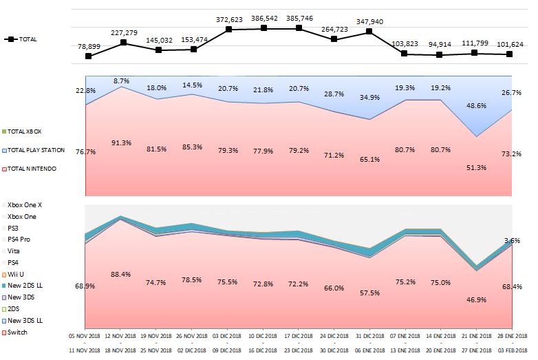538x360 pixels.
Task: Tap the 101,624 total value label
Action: point(510,44)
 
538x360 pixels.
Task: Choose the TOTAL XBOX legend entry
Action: point(28,131)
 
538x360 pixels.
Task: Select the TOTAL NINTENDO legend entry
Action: point(32,169)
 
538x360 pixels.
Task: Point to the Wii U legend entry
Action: point(17,274)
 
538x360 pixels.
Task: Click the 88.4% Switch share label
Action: point(121,275)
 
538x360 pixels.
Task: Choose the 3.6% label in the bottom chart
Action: point(511,241)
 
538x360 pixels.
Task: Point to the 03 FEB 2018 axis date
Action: point(510,351)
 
